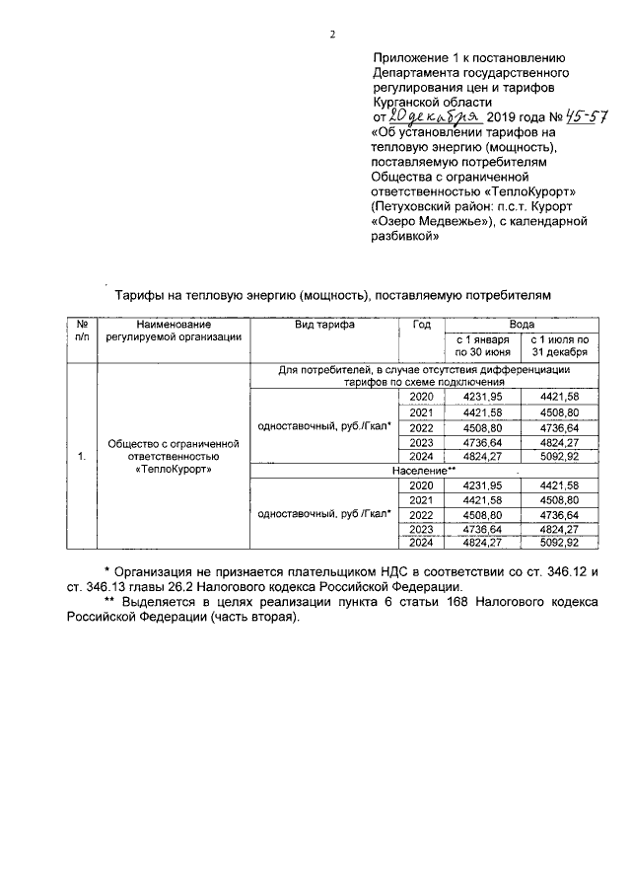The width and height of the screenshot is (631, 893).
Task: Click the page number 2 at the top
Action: (x=332, y=36)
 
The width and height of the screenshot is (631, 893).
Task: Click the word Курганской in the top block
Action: (x=405, y=102)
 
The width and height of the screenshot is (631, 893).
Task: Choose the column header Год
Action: (x=422, y=325)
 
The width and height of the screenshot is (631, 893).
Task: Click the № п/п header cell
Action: (x=82, y=331)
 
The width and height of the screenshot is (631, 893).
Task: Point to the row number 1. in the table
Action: (x=82, y=457)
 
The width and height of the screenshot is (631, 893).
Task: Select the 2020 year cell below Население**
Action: (x=421, y=485)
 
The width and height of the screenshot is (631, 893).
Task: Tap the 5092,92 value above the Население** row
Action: (x=559, y=457)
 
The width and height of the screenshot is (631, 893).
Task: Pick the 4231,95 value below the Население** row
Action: (x=483, y=485)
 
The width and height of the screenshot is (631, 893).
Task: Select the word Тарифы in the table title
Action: (x=143, y=294)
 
